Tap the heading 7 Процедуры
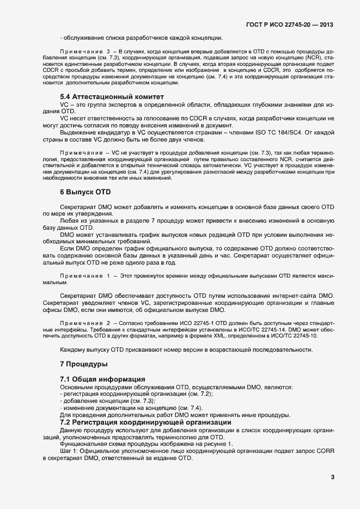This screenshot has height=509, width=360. [x=83, y=363]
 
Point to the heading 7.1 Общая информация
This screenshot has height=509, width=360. [x=102, y=379]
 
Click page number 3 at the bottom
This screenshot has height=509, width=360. [x=332, y=477]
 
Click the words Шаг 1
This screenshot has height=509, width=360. [x=67, y=451]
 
